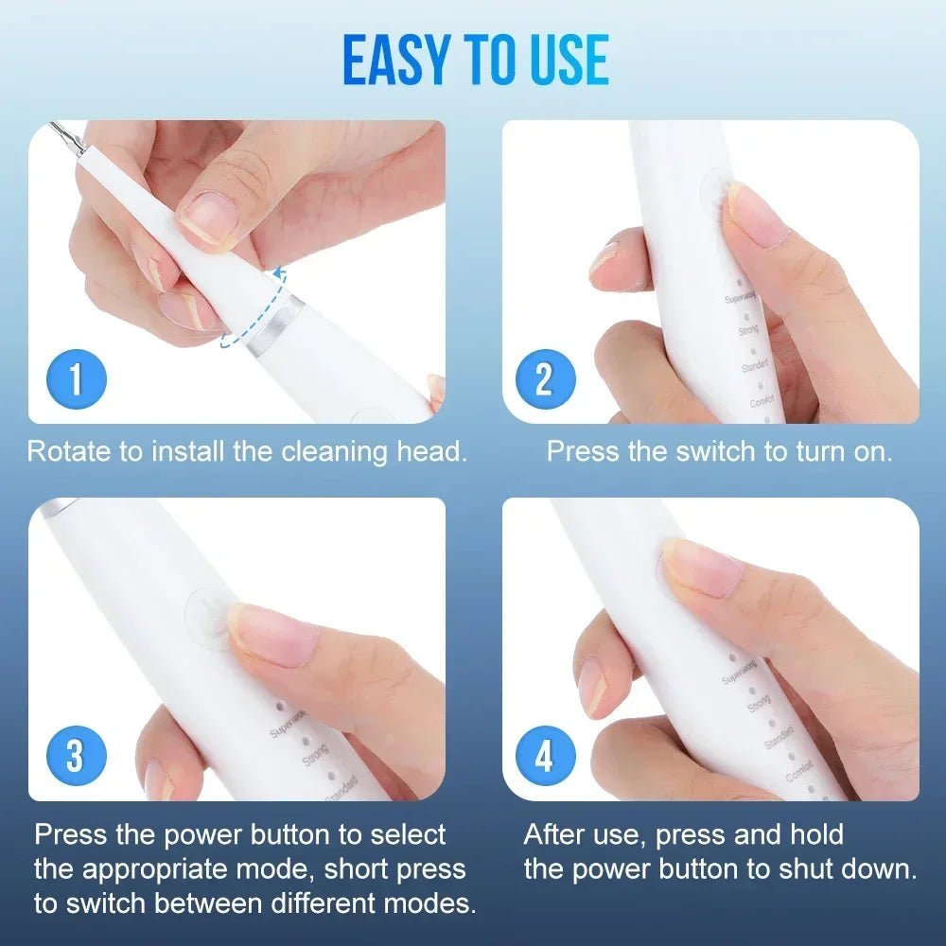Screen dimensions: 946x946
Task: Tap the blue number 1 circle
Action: tap(76, 379)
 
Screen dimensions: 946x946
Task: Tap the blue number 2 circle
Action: tap(543, 379)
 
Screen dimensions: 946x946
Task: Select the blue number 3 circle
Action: tap(76, 757)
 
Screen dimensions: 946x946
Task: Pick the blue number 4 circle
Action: tap(543, 757)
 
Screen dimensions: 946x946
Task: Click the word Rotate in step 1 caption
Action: tap(69, 451)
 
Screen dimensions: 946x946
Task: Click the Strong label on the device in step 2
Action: tap(747, 331)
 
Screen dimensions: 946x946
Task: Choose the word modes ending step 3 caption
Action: tap(429, 902)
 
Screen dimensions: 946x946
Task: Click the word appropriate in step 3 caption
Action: tap(159, 868)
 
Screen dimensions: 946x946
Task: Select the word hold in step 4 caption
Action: tap(811, 834)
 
